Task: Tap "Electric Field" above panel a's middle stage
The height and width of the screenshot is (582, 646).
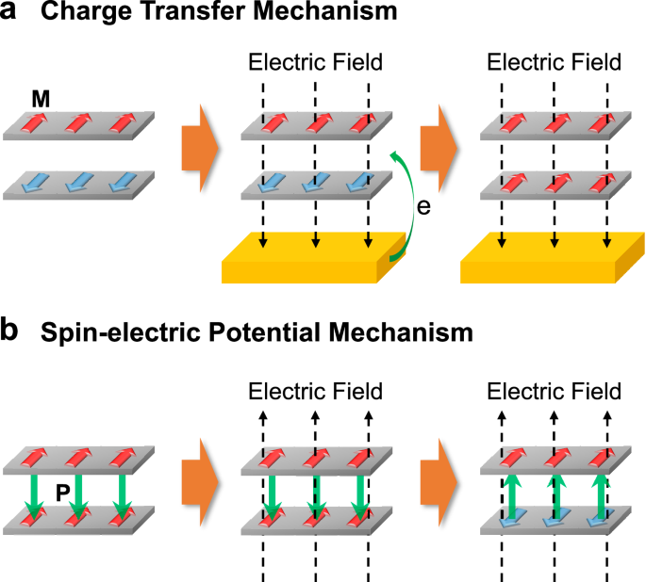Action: point(315,64)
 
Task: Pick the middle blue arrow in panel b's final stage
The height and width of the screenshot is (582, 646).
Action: point(555,520)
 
